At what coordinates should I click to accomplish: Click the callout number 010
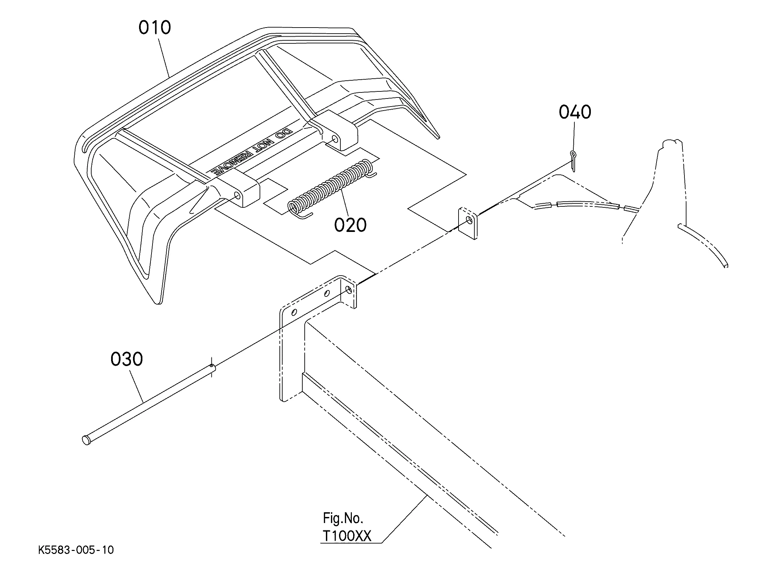point(155,28)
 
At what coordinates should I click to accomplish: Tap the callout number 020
point(350,225)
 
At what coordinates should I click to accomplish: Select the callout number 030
point(127,359)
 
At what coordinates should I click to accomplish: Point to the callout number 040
point(575,112)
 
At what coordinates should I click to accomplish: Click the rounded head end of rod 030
point(86,440)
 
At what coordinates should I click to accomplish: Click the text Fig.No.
point(343,518)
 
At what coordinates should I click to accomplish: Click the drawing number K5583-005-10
point(76,550)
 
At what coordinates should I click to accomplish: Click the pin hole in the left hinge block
point(236,195)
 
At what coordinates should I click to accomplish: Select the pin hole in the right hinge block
point(335,139)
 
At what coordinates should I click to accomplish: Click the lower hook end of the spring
point(304,215)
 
